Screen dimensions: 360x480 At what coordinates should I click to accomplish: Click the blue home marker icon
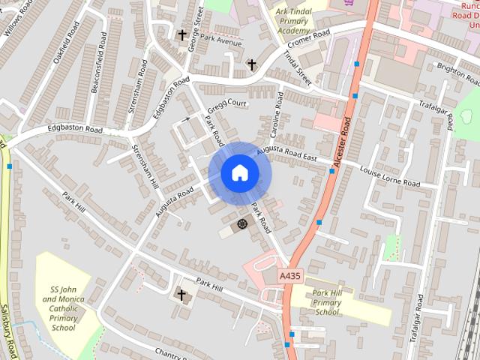239,173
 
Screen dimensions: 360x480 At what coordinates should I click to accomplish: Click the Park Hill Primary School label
327,302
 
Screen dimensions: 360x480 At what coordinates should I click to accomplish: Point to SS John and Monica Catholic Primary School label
63,308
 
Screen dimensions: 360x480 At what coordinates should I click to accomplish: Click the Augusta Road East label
287,154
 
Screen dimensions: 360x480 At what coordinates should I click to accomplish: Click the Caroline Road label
276,115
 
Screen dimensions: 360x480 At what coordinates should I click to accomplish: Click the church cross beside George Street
181,34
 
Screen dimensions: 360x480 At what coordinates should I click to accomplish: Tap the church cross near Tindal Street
251,64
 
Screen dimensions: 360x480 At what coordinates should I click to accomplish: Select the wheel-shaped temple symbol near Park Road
242,223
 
